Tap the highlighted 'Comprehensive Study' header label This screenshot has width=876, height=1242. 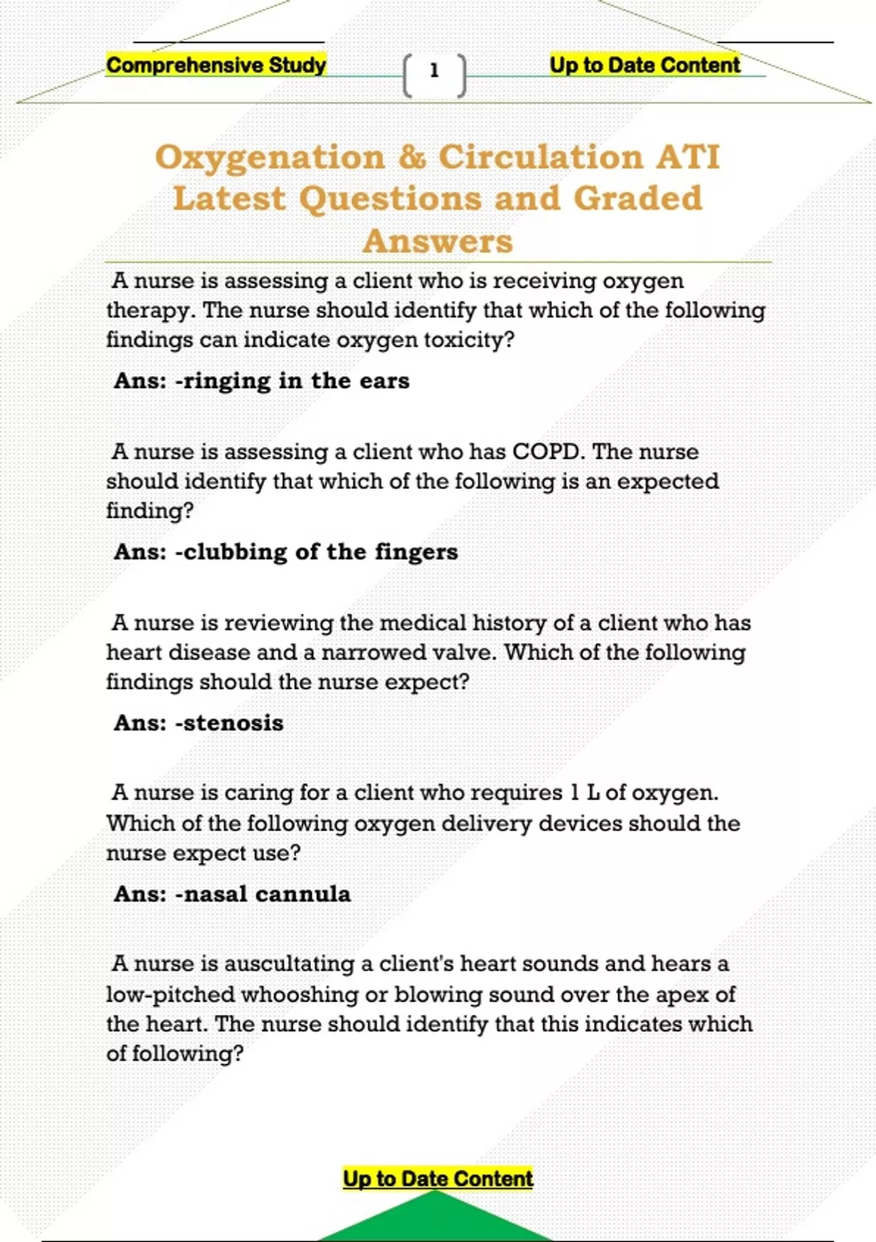216,65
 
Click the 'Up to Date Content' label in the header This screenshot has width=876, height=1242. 645,65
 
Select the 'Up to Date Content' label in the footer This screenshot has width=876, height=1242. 438,1178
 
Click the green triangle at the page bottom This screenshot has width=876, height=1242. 435,1220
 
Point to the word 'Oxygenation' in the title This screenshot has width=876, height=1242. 270,158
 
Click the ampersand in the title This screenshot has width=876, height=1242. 412,157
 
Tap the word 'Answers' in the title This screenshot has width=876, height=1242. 438,241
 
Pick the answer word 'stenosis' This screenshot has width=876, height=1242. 234,723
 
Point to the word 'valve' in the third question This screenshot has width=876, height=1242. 462,652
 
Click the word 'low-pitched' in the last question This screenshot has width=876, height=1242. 171,994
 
